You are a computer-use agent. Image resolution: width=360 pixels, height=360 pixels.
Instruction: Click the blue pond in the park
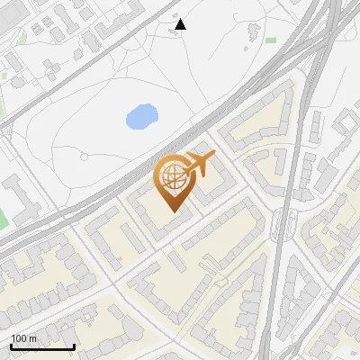click(x=140, y=116)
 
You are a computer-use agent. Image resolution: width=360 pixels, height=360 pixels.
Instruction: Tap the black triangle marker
click(x=181, y=24)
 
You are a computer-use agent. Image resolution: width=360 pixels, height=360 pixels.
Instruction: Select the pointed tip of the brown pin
click(x=173, y=211)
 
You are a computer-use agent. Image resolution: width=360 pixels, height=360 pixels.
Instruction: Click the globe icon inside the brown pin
click(x=173, y=178)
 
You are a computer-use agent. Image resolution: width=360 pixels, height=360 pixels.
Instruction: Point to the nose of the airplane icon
click(x=214, y=156)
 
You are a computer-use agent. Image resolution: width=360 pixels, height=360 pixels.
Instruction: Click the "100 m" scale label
click(x=23, y=338)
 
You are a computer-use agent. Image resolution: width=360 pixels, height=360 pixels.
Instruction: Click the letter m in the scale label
click(x=32, y=338)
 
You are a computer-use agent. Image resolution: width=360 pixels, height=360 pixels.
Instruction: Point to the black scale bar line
click(x=42, y=346)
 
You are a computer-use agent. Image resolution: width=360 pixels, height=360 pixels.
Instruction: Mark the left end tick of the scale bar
click(x=11, y=345)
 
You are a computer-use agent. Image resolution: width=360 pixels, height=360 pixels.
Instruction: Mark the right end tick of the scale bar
click(x=74, y=345)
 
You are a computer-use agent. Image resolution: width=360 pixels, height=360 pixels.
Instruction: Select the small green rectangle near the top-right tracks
click(x=271, y=40)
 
